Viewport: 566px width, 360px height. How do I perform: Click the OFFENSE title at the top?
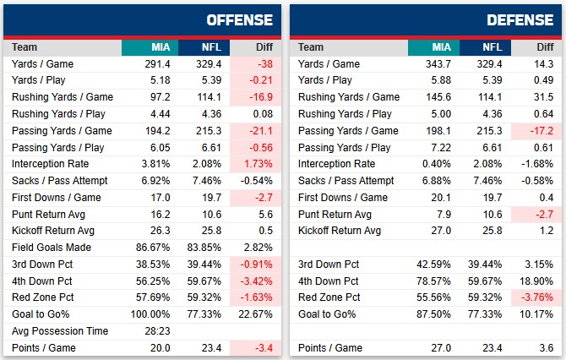tap(240, 19)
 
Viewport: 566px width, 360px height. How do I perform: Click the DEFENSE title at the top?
tap(523, 19)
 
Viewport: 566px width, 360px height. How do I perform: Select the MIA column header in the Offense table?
tap(161, 47)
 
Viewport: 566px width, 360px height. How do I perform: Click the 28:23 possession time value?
tap(158, 331)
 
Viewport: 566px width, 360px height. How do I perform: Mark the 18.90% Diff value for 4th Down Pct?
tap(536, 281)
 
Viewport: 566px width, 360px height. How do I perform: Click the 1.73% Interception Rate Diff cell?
tap(257, 164)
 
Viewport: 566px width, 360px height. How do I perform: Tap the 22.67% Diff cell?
tap(256, 314)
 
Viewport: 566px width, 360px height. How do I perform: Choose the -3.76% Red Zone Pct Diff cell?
tap(536, 297)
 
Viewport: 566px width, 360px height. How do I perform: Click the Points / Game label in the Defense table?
tap(330, 348)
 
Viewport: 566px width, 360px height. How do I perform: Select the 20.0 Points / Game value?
tap(158, 348)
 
